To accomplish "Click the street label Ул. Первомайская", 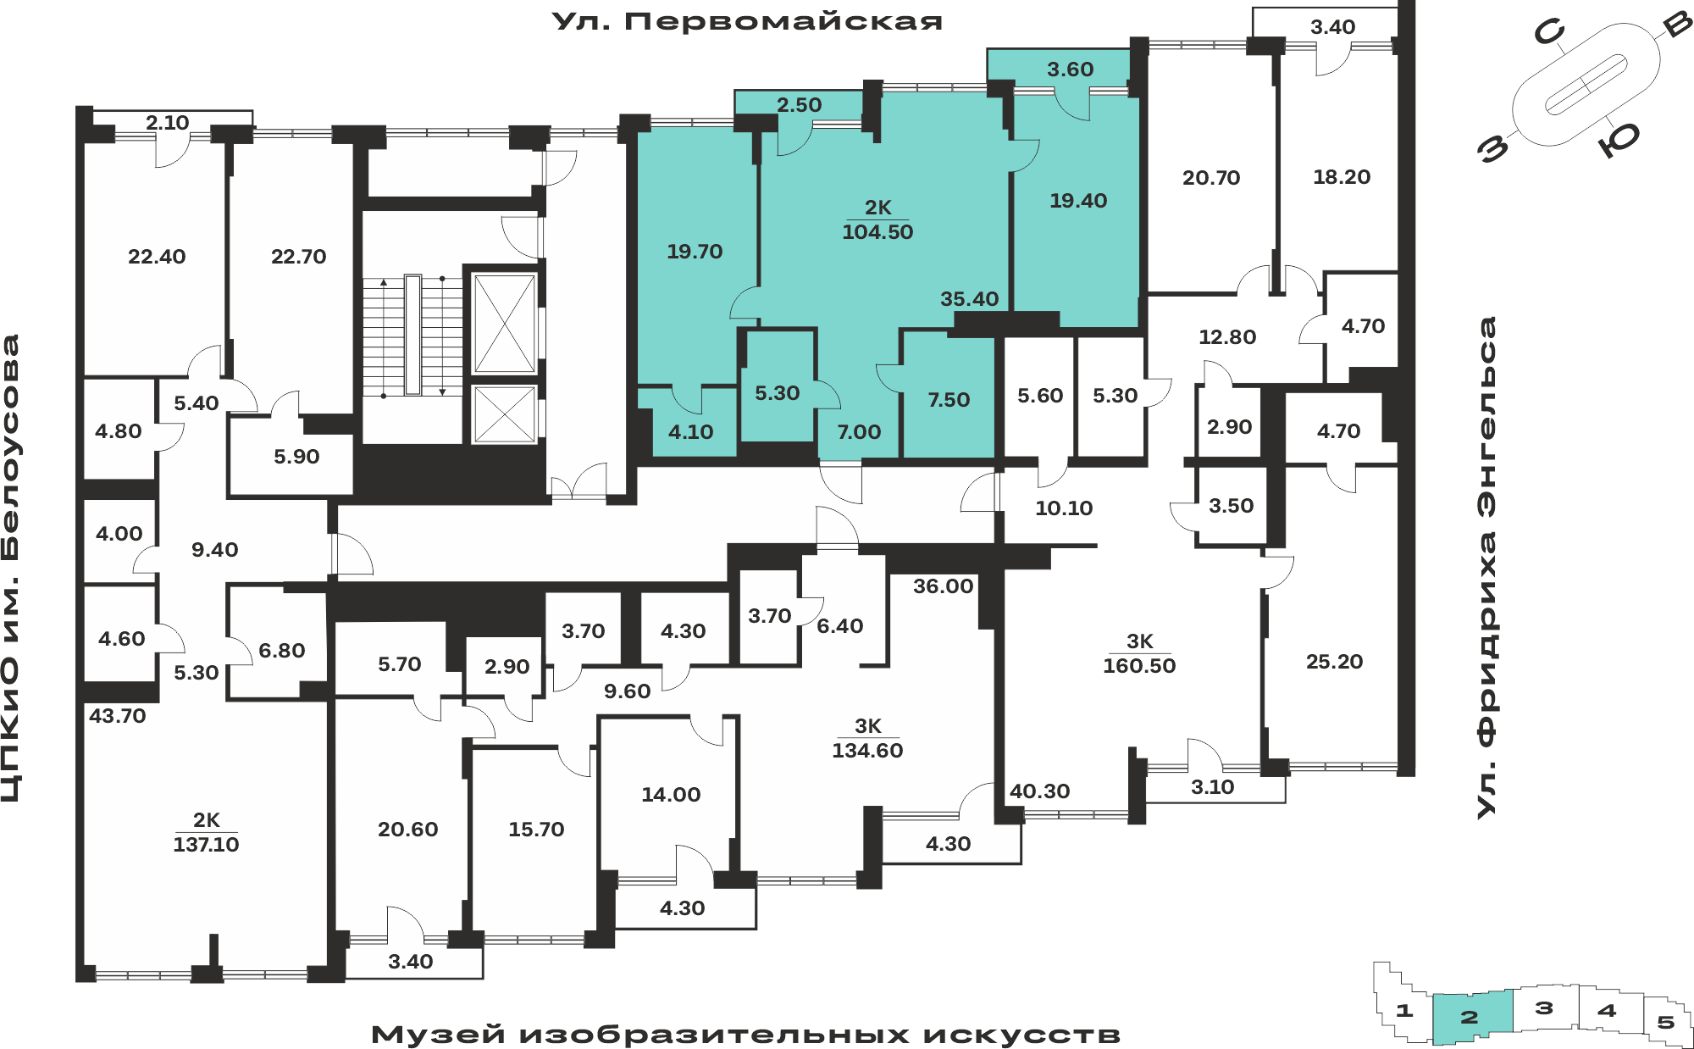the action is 747,21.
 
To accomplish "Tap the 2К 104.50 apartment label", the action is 877,219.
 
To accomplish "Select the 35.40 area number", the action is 969,299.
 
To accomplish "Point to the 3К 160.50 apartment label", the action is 1139,653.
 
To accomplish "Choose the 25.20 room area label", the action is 1334,662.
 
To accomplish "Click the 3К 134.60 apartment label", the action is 867,738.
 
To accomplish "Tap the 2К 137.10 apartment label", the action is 206,832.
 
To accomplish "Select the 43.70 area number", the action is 118,716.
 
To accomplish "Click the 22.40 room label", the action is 157,257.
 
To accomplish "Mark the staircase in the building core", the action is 412,336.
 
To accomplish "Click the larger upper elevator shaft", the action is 505,323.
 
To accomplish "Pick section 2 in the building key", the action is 1472,1017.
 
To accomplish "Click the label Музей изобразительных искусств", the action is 745,1035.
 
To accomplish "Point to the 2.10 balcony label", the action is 167,123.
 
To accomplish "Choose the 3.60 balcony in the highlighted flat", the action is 1070,69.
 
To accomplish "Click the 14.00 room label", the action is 671,795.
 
